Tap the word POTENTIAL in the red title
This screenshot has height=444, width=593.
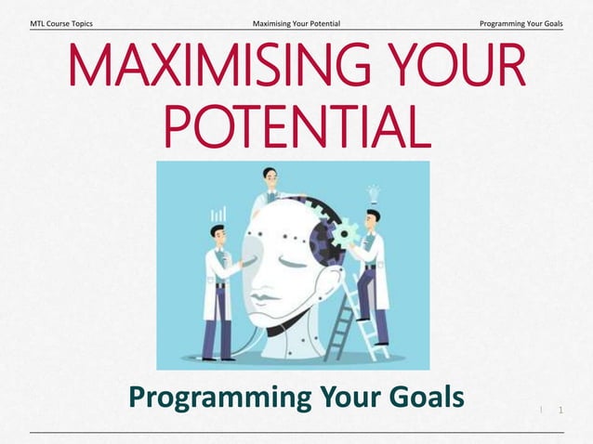click(297, 128)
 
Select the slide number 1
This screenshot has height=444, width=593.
click(560, 410)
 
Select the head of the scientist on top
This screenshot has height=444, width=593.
click(270, 176)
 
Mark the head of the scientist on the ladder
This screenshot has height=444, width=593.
click(371, 218)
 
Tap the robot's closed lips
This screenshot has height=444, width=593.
click(263, 300)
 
